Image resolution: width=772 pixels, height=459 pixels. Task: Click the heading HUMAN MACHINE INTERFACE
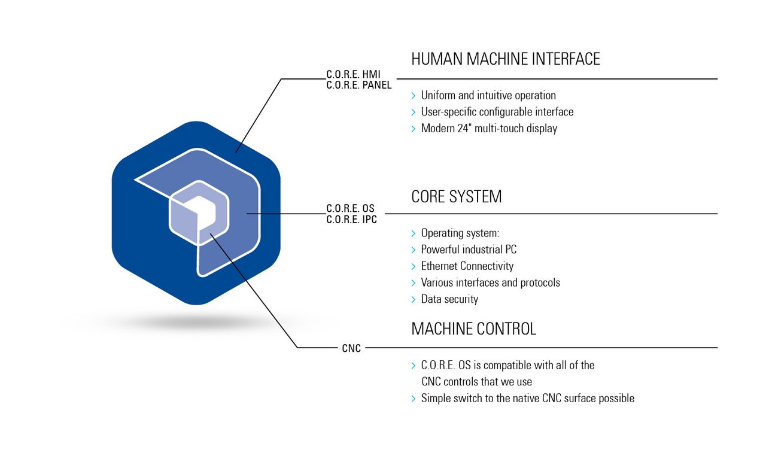pos(505,59)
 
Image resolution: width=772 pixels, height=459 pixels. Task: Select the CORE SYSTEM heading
pos(456,197)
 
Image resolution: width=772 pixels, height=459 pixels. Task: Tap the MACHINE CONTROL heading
pos(473,329)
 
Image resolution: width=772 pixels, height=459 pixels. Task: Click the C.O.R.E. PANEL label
pos(359,85)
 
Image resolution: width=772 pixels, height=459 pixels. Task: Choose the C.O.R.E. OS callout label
pos(351,209)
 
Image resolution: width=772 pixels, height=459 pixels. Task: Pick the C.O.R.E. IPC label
pos(352,219)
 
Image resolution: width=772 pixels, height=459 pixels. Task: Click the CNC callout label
pos(352,348)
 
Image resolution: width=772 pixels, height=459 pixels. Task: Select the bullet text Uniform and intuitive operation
pos(488,96)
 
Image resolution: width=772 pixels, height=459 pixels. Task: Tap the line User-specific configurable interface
pos(497,112)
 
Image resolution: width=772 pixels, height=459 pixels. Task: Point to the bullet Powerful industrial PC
pos(469,250)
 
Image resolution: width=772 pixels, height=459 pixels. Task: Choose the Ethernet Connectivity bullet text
pos(467,266)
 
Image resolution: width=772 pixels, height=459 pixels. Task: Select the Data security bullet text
pos(449,299)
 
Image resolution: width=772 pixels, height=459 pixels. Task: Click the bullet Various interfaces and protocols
pos(490,282)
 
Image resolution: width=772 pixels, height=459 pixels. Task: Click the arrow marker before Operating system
pos(414,233)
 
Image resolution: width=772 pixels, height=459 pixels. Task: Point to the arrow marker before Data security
pos(414,299)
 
